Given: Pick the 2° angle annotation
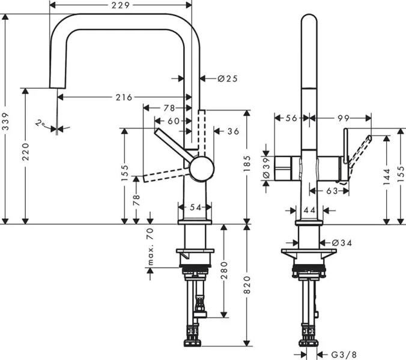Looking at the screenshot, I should (40, 124).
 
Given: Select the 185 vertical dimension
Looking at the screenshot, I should (247, 166).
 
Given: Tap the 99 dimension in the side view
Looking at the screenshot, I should (343, 118).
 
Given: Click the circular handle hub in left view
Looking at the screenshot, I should (201, 169).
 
